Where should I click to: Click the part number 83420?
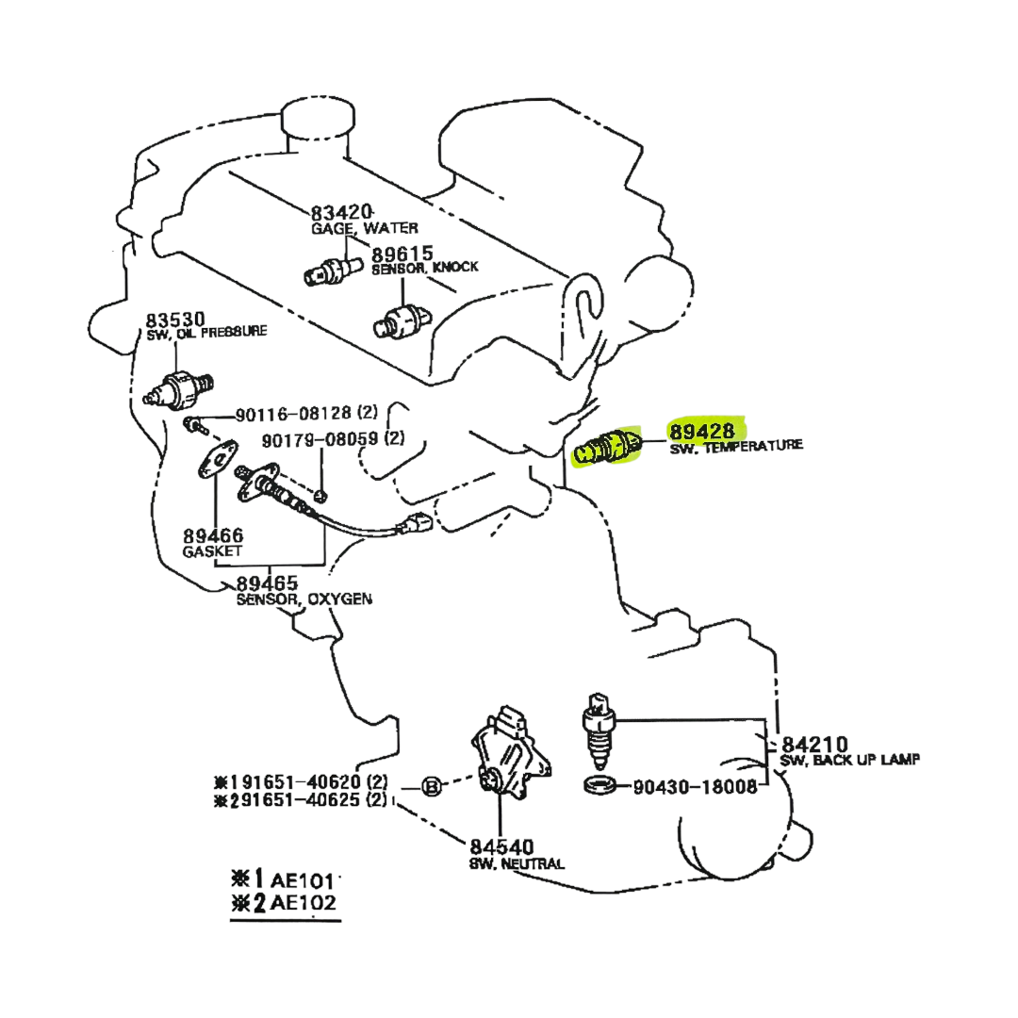coord(342,212)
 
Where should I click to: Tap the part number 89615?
coord(401,254)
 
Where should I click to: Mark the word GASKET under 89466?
coord(213,550)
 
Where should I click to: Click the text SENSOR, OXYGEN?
coord(304,598)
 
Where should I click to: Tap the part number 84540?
coord(502,846)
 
